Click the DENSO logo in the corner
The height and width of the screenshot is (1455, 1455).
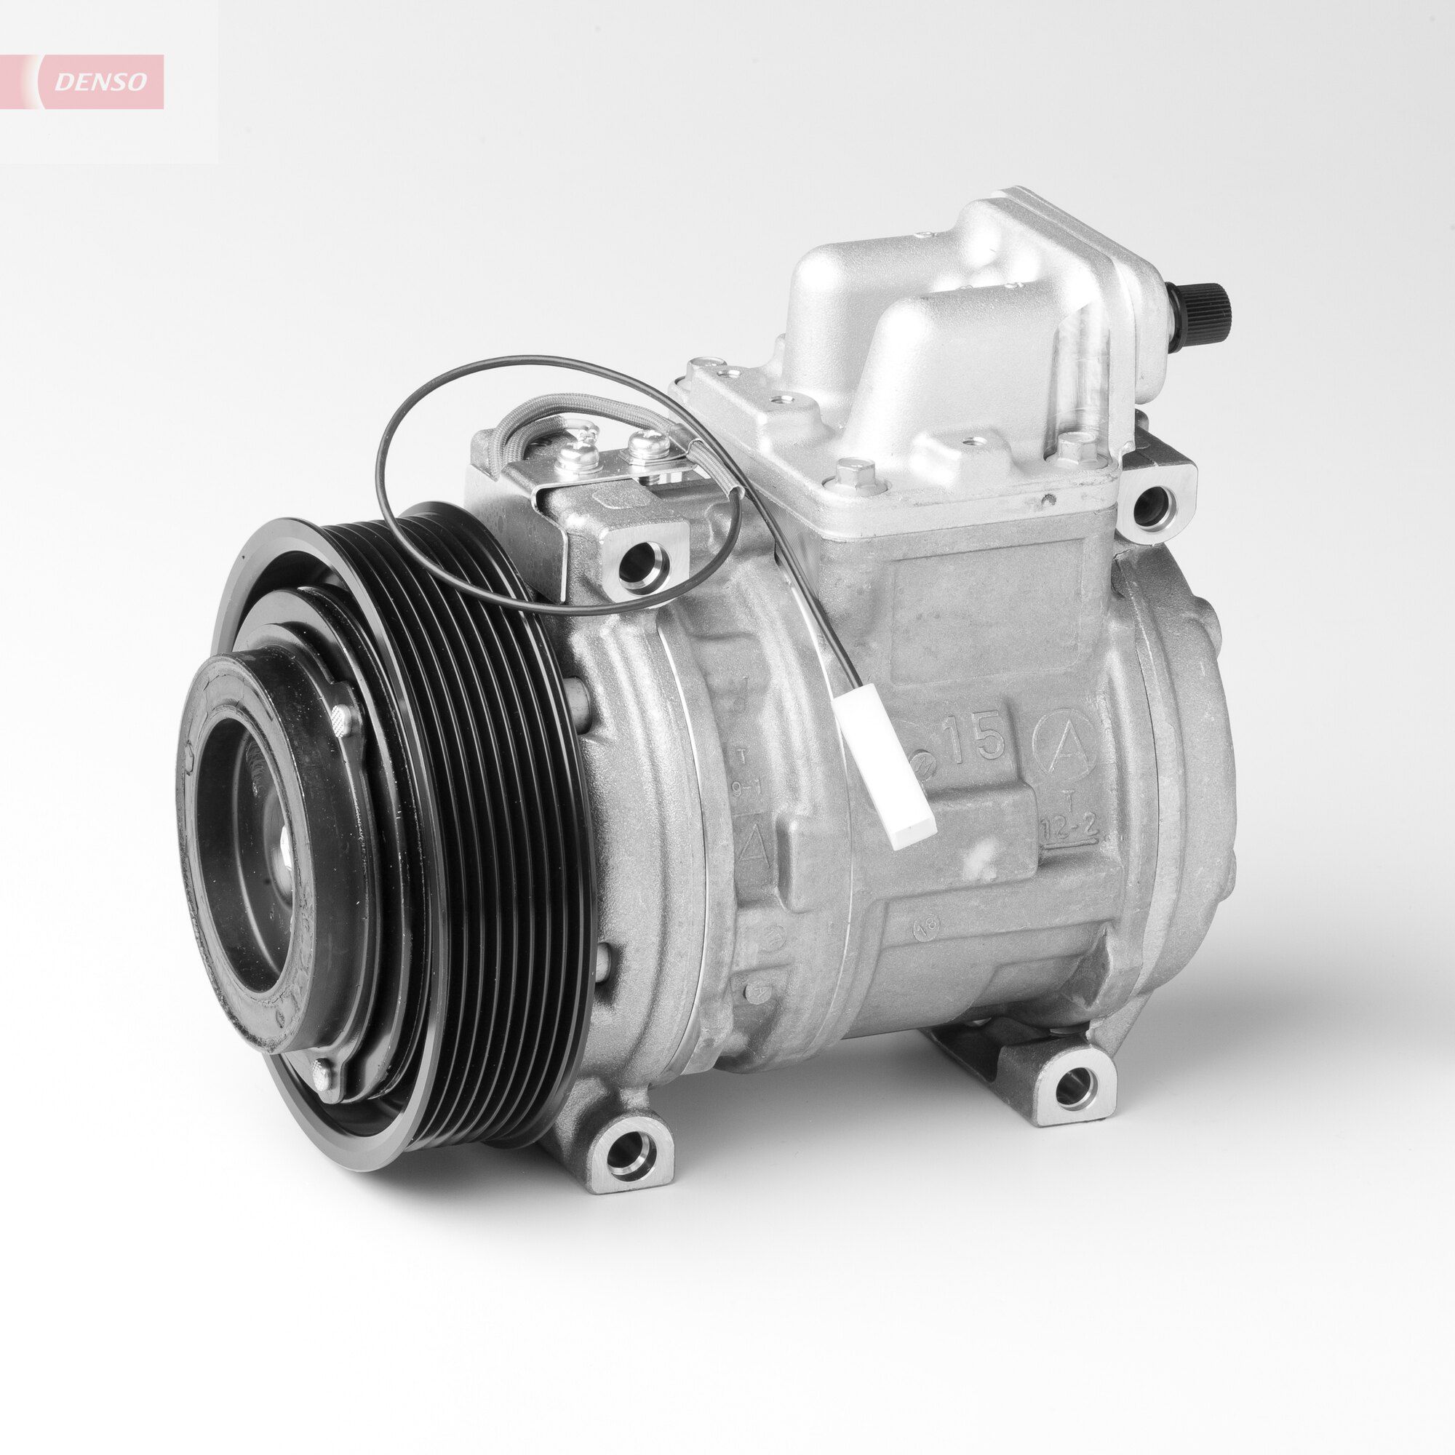point(102,81)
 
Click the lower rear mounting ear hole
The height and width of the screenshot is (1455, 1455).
point(1072,1086)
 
